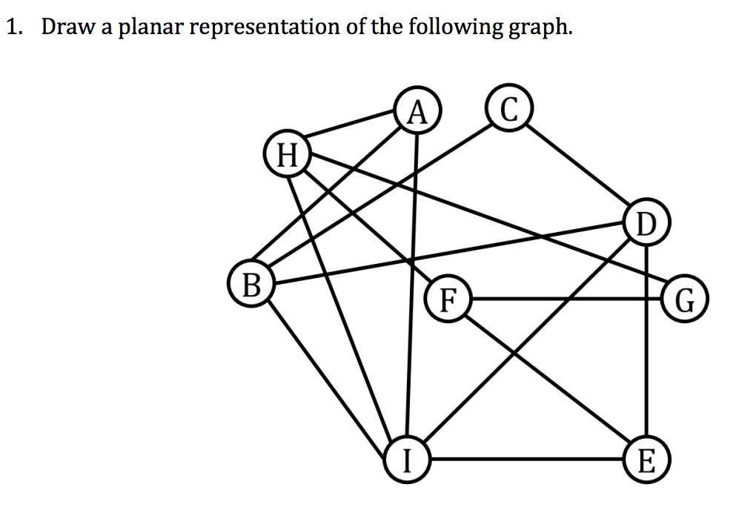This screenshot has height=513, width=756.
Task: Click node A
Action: (418, 110)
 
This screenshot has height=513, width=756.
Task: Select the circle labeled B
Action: (251, 283)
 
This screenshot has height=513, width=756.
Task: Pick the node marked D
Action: (646, 222)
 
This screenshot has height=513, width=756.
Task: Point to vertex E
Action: (646, 459)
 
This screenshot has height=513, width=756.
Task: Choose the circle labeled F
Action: (448, 299)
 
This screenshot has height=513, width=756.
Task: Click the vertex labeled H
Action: (288, 154)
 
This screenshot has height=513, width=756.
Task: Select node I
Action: (408, 459)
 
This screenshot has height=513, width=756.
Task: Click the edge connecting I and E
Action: (526, 459)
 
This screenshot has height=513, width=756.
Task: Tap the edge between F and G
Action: (566, 299)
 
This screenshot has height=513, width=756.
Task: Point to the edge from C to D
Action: (577, 165)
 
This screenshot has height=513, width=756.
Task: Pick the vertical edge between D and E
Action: (646, 340)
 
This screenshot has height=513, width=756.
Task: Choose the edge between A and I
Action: (413, 285)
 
